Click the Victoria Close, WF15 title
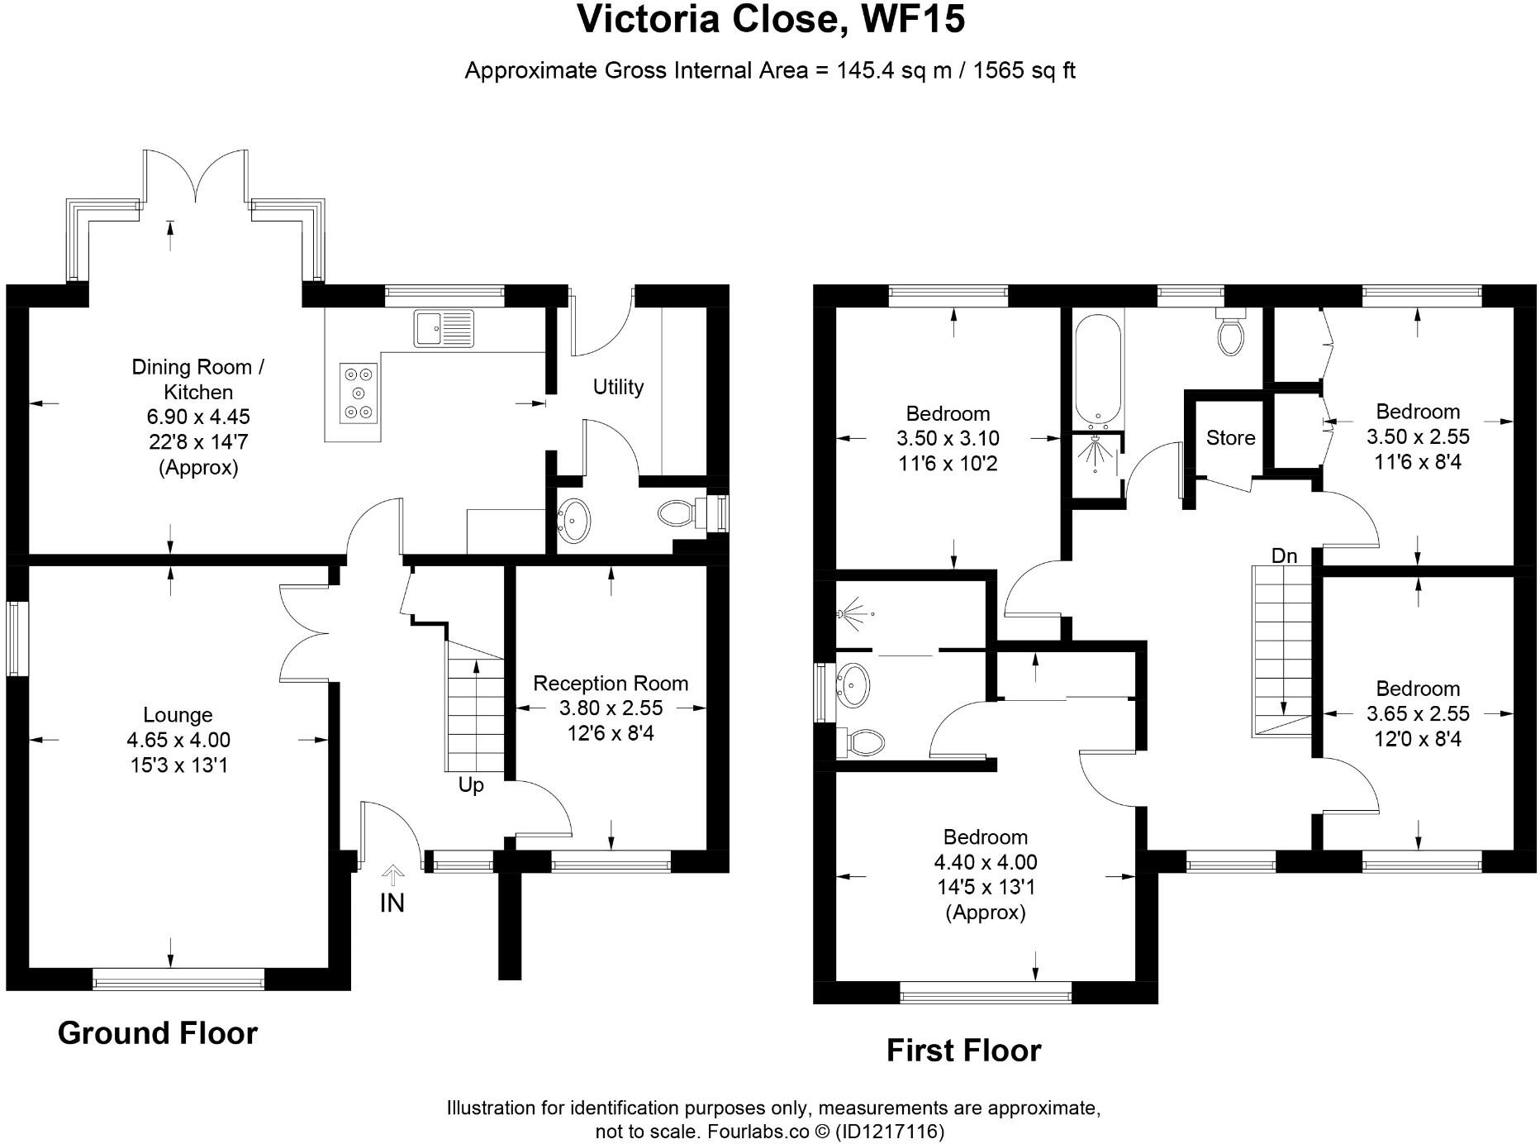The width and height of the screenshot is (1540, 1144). pyautogui.click(x=771, y=19)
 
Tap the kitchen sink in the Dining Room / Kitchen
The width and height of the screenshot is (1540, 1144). pyautogui.click(x=444, y=328)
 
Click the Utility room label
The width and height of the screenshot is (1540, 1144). pyautogui.click(x=618, y=387)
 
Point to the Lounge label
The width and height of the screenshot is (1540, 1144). pyautogui.click(x=178, y=715)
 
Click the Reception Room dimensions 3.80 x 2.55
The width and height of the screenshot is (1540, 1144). pyautogui.click(x=611, y=708)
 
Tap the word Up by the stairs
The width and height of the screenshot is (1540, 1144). pyautogui.click(x=471, y=785)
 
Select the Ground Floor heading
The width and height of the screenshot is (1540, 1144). pyautogui.click(x=158, y=1033)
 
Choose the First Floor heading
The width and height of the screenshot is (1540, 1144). pyautogui.click(x=963, y=1051)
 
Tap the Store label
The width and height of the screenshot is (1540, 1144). pyautogui.click(x=1230, y=438)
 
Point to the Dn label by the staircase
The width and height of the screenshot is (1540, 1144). pyautogui.click(x=1284, y=556)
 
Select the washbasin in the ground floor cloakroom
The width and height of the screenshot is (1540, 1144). pyautogui.click(x=574, y=520)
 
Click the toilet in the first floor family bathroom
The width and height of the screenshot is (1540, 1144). pyautogui.click(x=1231, y=331)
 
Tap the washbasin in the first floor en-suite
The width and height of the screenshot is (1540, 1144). pyautogui.click(x=853, y=684)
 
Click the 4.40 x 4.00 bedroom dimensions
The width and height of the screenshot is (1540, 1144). pyautogui.click(x=986, y=862)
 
